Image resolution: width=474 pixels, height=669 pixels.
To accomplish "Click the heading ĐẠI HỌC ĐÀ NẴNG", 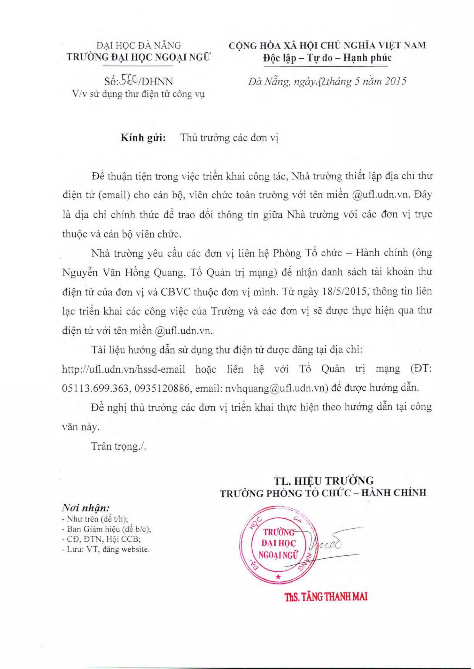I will (139, 45).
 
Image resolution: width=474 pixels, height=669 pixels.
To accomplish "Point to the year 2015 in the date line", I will (394, 81).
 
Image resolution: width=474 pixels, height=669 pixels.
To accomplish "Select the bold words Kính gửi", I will (143, 138).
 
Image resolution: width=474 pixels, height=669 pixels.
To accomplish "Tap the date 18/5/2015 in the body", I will (347, 292).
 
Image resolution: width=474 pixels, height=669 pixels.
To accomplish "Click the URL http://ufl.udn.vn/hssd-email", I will (124, 369).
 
